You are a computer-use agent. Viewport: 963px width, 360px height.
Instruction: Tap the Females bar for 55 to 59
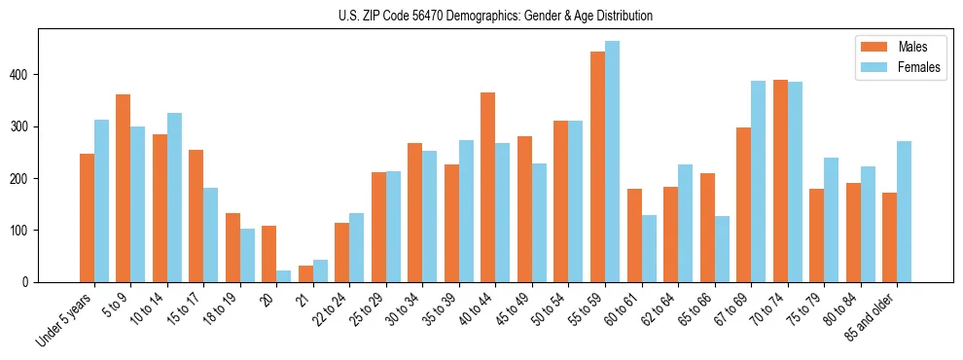pyautogui.click(x=612, y=162)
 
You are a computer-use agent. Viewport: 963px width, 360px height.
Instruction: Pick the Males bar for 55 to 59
pyautogui.click(x=597, y=166)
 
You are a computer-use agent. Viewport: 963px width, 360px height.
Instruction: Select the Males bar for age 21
pyautogui.click(x=305, y=273)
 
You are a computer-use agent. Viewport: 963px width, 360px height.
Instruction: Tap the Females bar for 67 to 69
pyautogui.click(x=758, y=181)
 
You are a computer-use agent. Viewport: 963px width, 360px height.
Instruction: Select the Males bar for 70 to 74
pyautogui.click(x=780, y=181)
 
